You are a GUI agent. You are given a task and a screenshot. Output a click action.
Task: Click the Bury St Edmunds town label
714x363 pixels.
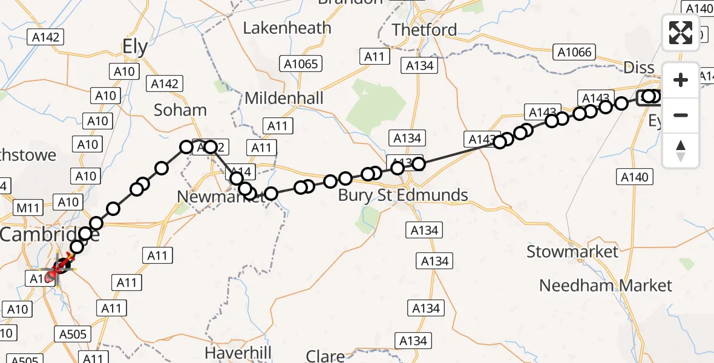(403, 195)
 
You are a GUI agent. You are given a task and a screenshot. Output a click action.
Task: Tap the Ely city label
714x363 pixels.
(134, 47)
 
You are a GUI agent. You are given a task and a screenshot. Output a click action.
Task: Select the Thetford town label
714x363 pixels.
(424, 30)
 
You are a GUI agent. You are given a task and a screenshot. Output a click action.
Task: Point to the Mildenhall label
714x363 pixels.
(284, 98)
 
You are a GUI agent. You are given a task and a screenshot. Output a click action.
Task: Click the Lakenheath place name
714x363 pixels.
(287, 28)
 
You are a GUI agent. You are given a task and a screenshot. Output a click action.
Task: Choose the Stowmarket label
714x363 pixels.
(572, 252)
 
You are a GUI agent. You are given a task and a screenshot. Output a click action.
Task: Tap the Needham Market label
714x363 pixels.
(606, 285)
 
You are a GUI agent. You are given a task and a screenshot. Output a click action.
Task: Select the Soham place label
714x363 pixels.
(180, 110)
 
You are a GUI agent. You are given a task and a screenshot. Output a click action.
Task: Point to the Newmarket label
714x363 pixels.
(221, 197)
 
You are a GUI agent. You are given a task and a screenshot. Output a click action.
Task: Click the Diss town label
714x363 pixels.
(639, 68)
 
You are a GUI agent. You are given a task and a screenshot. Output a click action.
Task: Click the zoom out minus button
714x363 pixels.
(681, 115)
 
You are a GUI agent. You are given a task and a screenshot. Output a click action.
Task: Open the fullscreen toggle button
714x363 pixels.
(681, 33)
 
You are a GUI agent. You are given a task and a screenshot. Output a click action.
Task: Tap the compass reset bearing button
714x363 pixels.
(681, 151)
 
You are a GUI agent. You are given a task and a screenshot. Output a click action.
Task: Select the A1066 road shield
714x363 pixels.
(575, 53)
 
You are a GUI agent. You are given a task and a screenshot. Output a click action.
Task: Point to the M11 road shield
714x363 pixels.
(28, 209)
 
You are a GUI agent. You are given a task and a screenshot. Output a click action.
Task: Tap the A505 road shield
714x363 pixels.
(75, 335)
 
